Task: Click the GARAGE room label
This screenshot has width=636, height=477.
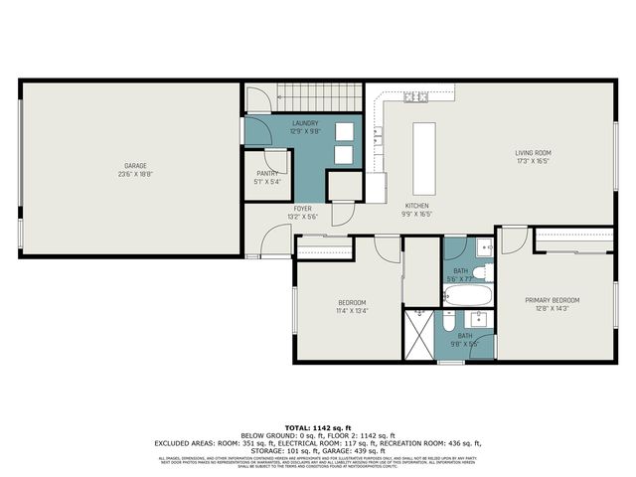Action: [x=137, y=165]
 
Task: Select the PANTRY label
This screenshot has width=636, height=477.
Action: [x=267, y=173]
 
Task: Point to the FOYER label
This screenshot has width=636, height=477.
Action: [x=302, y=208]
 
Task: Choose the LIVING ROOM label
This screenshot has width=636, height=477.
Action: [x=533, y=152]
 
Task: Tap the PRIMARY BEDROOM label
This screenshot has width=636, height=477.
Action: [x=553, y=300]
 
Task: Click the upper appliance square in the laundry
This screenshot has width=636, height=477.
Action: [x=344, y=132]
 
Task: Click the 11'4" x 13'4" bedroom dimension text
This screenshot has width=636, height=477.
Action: [x=352, y=310]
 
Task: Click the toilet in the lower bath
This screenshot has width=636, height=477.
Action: [x=449, y=322]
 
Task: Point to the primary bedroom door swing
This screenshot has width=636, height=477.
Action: [x=513, y=239]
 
